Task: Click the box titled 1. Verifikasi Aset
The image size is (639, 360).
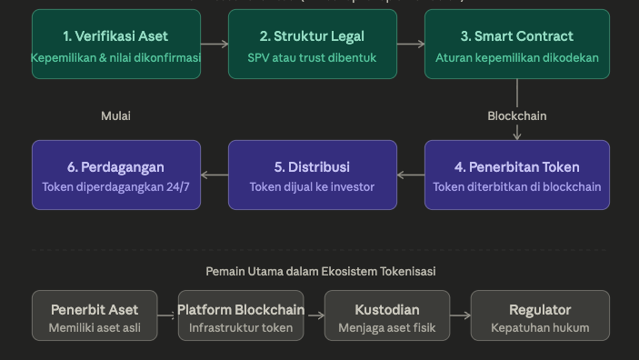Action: pos(115,44)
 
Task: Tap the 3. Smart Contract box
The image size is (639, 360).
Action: pos(517,44)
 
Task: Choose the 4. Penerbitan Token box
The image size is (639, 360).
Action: pos(517,175)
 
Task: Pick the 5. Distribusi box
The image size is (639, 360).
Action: pos(312,175)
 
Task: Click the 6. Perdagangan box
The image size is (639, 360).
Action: pos(115,175)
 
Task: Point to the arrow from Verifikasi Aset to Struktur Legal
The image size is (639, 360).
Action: pos(215,44)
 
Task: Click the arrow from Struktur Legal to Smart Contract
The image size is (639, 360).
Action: pos(411,44)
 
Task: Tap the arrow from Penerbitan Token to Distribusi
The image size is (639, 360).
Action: pos(411,175)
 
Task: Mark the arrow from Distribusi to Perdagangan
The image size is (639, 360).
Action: pos(215,175)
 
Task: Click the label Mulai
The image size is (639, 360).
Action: pos(115,115)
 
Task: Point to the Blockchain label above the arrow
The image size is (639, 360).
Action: pos(517,115)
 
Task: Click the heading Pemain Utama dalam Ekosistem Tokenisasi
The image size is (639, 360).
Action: pos(321,271)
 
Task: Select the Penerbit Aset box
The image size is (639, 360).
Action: pos(95,316)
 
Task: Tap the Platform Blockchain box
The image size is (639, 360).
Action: pos(241,316)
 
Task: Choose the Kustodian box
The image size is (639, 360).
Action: pos(387,316)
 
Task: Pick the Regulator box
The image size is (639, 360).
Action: pos(540,316)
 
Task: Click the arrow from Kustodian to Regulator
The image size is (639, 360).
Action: pos(461,316)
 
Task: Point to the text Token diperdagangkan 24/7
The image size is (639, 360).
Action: pos(115,187)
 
